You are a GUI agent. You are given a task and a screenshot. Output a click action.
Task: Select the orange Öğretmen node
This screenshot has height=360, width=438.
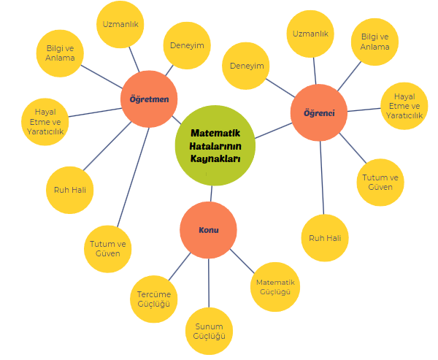[x=149, y=99]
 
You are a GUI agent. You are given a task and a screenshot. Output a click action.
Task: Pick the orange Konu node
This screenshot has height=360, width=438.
[x=208, y=230]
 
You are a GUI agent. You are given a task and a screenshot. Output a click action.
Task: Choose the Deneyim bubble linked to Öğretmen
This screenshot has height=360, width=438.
[x=187, y=45]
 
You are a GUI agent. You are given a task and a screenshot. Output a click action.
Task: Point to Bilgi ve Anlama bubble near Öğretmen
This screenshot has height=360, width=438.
[x=61, y=53]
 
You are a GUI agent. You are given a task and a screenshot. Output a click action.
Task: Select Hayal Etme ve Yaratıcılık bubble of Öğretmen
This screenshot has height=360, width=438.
[x=46, y=121]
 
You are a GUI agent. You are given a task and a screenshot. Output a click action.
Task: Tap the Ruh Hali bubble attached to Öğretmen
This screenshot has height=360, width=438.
[x=70, y=191]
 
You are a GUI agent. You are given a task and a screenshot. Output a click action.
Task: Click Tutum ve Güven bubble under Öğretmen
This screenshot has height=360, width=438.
[x=108, y=248]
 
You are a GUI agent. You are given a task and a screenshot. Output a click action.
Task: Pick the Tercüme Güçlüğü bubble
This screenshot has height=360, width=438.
[x=154, y=299]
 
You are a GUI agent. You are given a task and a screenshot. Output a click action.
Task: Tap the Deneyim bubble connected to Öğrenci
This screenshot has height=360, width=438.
[x=247, y=66]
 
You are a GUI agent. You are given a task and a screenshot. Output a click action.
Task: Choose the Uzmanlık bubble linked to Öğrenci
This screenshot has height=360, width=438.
[x=310, y=34]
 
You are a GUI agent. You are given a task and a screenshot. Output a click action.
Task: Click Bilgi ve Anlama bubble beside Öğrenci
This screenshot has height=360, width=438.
[x=374, y=42]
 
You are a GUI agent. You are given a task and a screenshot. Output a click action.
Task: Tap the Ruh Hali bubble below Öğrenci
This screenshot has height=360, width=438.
[x=324, y=238]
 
